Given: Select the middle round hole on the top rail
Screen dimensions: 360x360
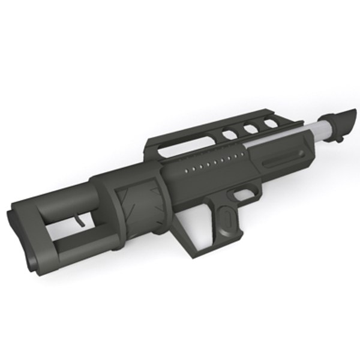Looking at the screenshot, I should coord(248,128).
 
